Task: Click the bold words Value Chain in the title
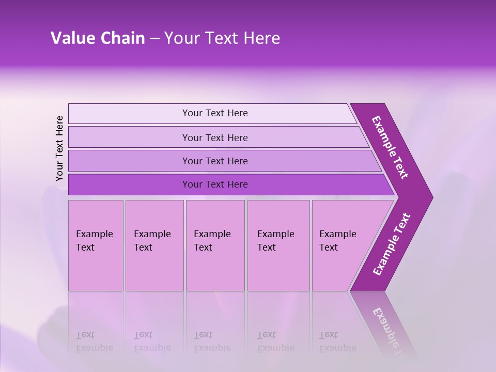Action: [98, 38]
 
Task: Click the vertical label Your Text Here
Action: [59, 148]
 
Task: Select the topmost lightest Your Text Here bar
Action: [214, 113]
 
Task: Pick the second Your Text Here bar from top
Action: [214, 137]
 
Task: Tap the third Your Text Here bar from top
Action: [214, 161]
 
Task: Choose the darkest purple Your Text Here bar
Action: [214, 184]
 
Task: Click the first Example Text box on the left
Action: [96, 245]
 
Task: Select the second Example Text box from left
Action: [154, 245]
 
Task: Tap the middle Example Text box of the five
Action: [215, 245]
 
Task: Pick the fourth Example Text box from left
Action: [278, 245]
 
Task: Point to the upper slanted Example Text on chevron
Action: [390, 147]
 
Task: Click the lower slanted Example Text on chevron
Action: [391, 244]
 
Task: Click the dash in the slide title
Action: [154, 38]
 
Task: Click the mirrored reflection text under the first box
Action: [94, 342]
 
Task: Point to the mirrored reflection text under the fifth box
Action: [338, 342]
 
